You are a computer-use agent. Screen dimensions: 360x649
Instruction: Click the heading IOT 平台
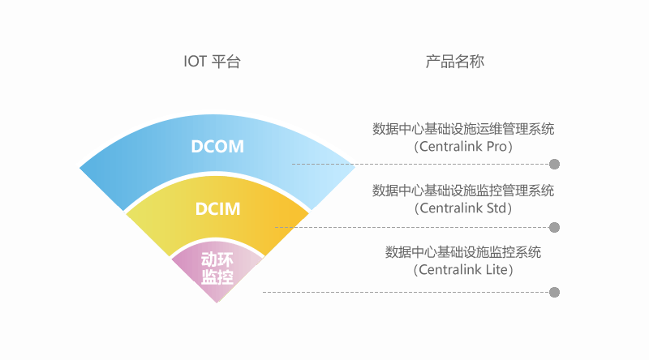pyautogui.click(x=213, y=62)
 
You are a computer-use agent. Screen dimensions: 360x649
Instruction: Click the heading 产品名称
pyautogui.click(x=455, y=62)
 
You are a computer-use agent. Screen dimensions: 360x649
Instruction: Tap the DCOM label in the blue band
pyautogui.click(x=217, y=147)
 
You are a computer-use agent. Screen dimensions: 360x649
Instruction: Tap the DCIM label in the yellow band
pyautogui.click(x=218, y=208)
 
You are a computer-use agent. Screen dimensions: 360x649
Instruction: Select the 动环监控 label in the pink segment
pyautogui.click(x=217, y=268)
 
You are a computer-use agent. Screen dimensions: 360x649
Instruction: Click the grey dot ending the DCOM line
pyautogui.click(x=555, y=164)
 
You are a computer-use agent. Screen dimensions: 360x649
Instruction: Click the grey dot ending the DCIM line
pyautogui.click(x=555, y=227)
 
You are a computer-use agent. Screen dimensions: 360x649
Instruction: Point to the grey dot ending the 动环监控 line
pyautogui.click(x=555, y=292)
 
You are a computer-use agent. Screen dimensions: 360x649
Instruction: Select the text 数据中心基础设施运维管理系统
pyautogui.click(x=463, y=129)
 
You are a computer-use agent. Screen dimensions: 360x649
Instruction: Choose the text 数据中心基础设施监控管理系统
pyautogui.click(x=463, y=191)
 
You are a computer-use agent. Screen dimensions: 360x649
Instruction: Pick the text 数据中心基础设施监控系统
pyautogui.click(x=463, y=252)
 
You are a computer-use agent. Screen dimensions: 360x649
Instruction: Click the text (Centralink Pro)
pyautogui.click(x=463, y=147)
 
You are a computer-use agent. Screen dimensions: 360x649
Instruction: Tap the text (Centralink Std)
pyautogui.click(x=463, y=208)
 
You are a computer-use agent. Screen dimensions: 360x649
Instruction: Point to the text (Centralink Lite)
pyautogui.click(x=463, y=270)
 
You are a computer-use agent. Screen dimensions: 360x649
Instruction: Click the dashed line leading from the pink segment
pyautogui.click(x=406, y=292)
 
